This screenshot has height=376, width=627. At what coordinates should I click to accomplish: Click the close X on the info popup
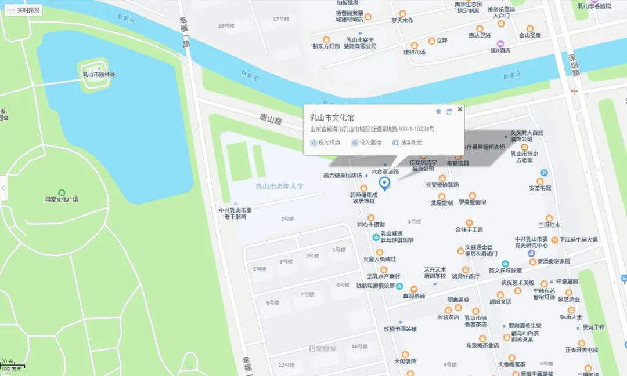tap(460, 109)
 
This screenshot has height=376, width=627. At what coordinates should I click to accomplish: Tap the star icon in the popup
tap(438, 111)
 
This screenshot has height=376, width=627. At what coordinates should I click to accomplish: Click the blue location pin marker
tap(384, 184)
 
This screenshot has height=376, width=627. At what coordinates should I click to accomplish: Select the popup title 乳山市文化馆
tap(332, 118)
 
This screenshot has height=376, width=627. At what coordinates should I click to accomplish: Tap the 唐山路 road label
tap(270, 119)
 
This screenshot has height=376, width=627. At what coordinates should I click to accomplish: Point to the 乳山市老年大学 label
tap(280, 186)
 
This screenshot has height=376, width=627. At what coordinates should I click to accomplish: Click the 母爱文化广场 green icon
tap(62, 192)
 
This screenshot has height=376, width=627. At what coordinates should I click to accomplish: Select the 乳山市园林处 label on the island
tap(99, 74)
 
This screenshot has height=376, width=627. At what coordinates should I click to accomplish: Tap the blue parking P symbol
tap(544, 173)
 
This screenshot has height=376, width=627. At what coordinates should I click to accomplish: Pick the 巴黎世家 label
tap(322, 348)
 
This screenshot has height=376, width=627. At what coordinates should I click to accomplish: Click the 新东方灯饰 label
tap(326, 46)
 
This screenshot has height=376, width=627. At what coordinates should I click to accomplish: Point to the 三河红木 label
tap(549, 225)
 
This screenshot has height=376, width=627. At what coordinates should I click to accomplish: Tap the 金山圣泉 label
tap(530, 35)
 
